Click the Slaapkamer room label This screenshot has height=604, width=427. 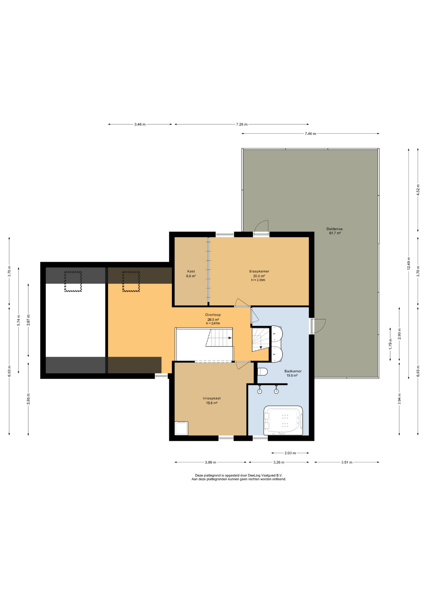coord(259,271)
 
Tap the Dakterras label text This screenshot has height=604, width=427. coord(335,229)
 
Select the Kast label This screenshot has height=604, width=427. coord(191,271)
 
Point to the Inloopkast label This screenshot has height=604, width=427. coord(212,398)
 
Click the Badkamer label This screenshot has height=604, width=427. coord(293,371)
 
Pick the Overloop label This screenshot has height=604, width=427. coord(213,315)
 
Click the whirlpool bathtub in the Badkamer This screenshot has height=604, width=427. coord(283,421)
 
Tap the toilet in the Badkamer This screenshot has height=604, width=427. coord(262,372)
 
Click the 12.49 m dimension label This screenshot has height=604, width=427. coord(409,264)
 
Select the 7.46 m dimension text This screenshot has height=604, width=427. coord(310,134)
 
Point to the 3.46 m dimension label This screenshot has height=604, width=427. coord(140,124)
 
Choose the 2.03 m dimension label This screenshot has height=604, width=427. coord(290,453)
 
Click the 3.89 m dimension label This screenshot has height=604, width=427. coord(210,462)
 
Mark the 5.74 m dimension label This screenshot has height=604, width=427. coord(19,320)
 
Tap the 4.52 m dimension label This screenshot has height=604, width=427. coord(418,190)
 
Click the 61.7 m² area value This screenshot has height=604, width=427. coord(335,233)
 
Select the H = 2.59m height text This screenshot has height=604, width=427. coord(258,280)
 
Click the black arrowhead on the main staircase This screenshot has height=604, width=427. coord(230,338)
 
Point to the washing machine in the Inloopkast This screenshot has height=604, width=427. coord(181,428)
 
